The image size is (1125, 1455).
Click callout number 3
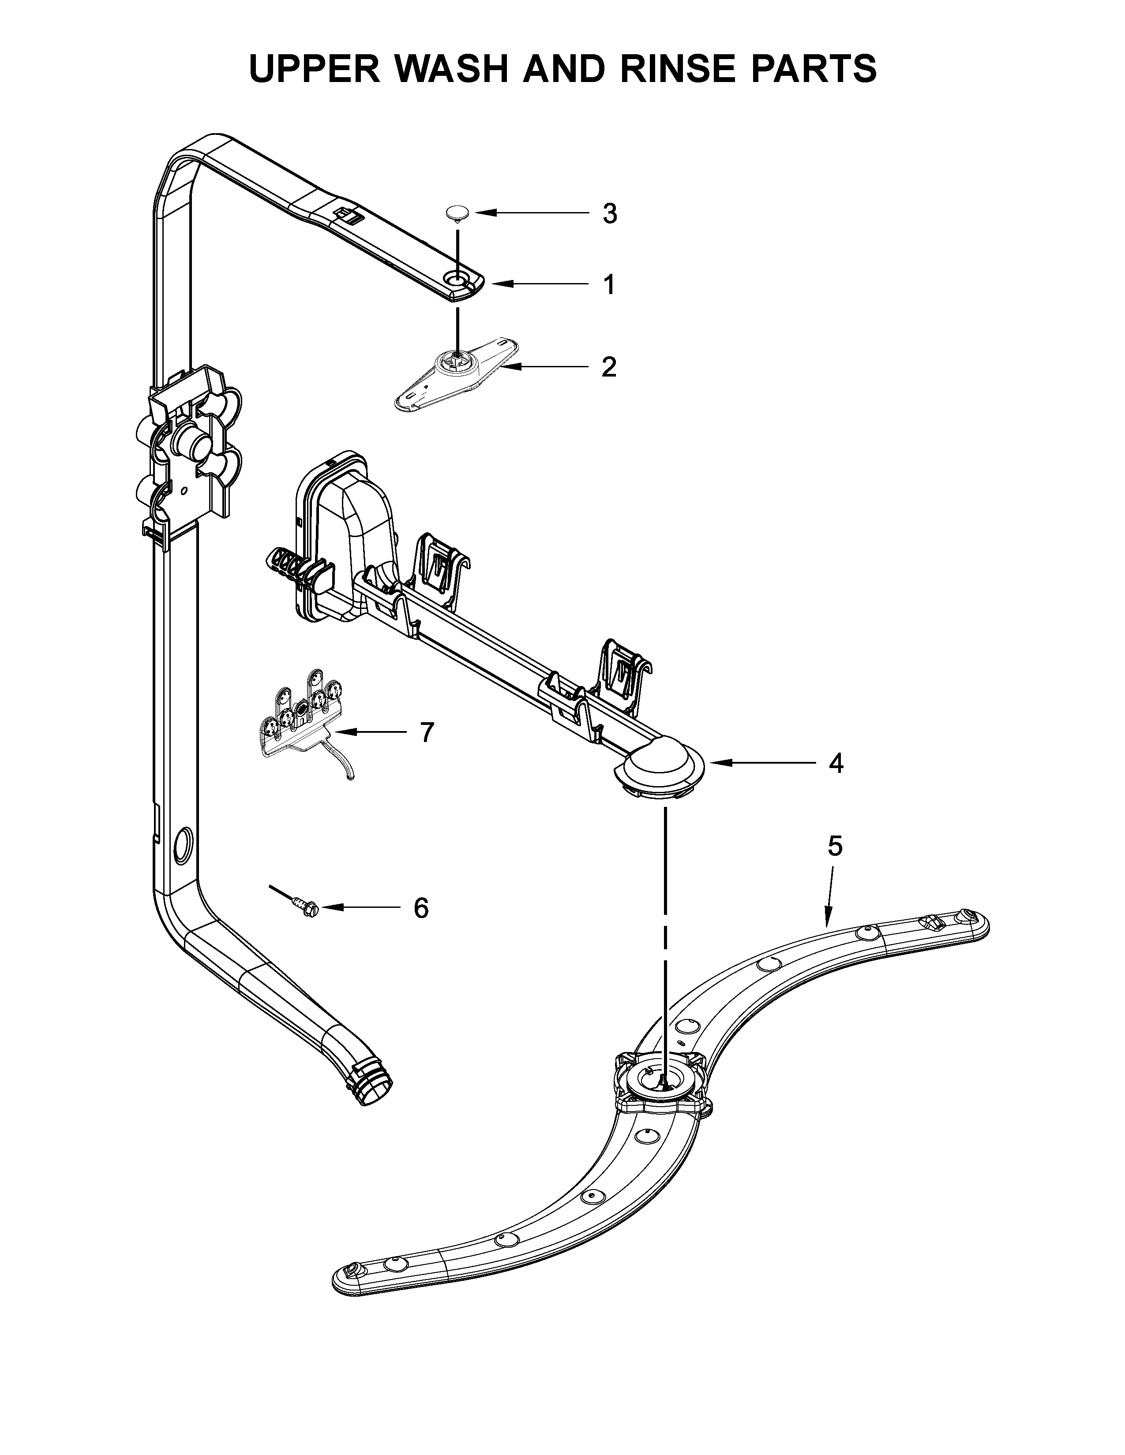coord(609,214)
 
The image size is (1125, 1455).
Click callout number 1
coord(608,285)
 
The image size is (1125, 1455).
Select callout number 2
coord(608,367)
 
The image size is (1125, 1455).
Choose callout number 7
coord(427,732)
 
